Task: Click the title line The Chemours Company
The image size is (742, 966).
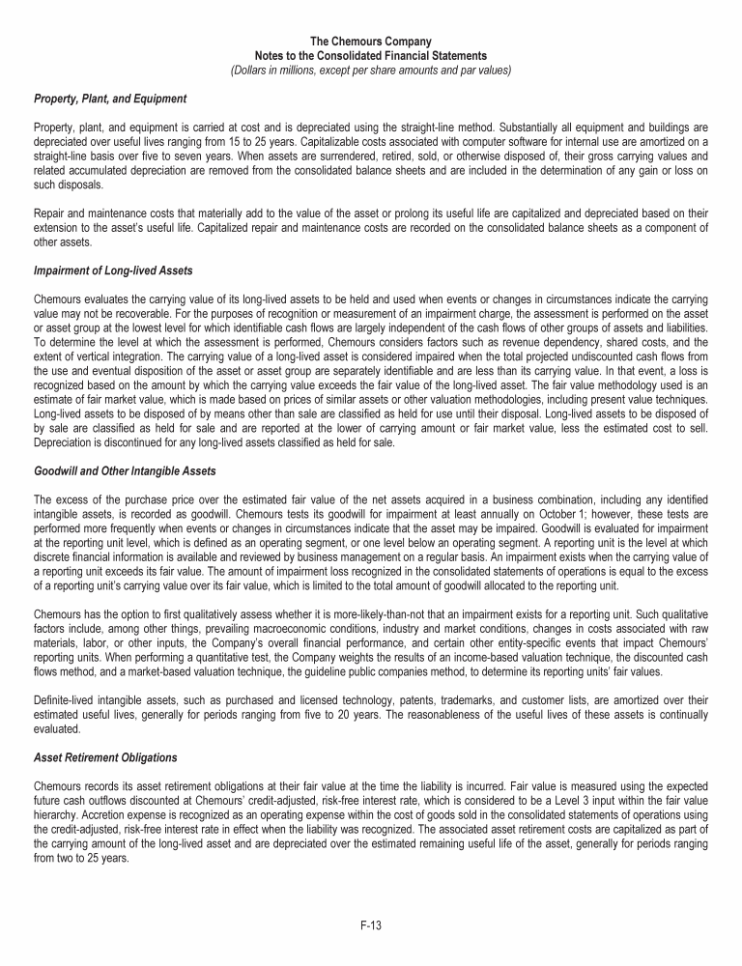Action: (x=371, y=42)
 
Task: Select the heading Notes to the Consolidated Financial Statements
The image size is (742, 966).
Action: (x=371, y=56)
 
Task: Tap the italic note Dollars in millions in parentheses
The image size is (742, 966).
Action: (x=371, y=71)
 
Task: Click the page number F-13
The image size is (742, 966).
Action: (x=371, y=925)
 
